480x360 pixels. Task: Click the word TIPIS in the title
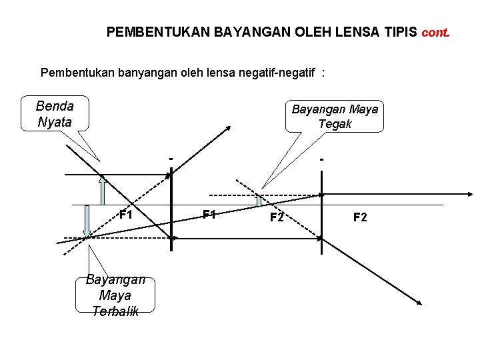pyautogui.click(x=400, y=31)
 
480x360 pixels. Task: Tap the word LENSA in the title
pyautogui.click(x=357, y=31)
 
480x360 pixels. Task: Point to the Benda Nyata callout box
pyautogui.click(x=55, y=113)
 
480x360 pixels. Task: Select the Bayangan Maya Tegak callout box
pyautogui.click(x=335, y=116)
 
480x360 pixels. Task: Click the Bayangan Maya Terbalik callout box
pyautogui.click(x=115, y=295)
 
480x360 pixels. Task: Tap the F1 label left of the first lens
pyautogui.click(x=125, y=215)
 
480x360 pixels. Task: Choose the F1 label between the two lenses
pyautogui.click(x=209, y=215)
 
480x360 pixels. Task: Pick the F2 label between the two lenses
pyautogui.click(x=277, y=217)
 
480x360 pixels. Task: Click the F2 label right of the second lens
pyautogui.click(x=360, y=217)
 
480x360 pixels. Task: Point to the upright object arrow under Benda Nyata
pyautogui.click(x=102, y=189)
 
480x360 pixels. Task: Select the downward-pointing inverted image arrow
pyautogui.click(x=87, y=221)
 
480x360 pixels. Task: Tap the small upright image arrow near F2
pyautogui.click(x=259, y=199)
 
